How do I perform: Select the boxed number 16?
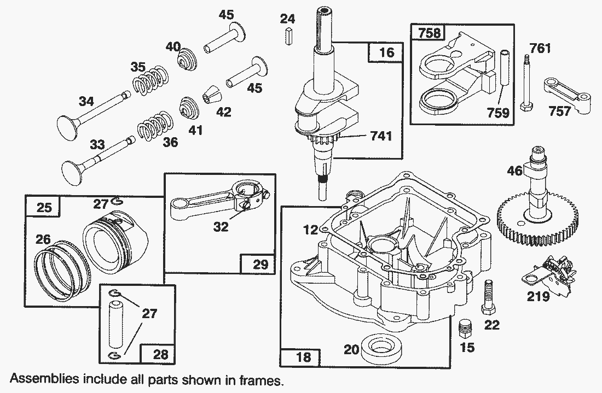tap(385, 52)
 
